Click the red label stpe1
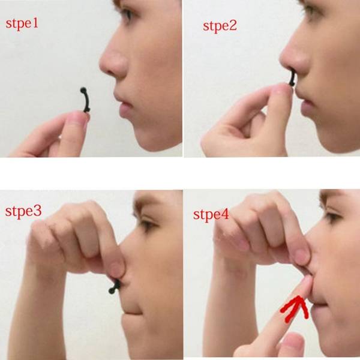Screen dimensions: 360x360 [x=22, y=23]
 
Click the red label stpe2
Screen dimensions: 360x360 [x=220, y=26]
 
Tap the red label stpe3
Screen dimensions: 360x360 [x=23, y=211]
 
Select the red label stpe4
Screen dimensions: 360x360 [x=211, y=215]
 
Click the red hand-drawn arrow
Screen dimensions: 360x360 [x=295, y=308]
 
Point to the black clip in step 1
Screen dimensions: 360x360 [x=86, y=100]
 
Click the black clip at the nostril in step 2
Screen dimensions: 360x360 [x=292, y=77]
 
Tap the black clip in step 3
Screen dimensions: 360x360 [x=115, y=287]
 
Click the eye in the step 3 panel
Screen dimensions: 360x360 [x=147, y=224]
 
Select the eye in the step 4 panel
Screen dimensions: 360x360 [x=332, y=217]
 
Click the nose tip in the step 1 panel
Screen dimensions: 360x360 [x=103, y=64]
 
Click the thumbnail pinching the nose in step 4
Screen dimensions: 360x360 [x=302, y=256]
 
